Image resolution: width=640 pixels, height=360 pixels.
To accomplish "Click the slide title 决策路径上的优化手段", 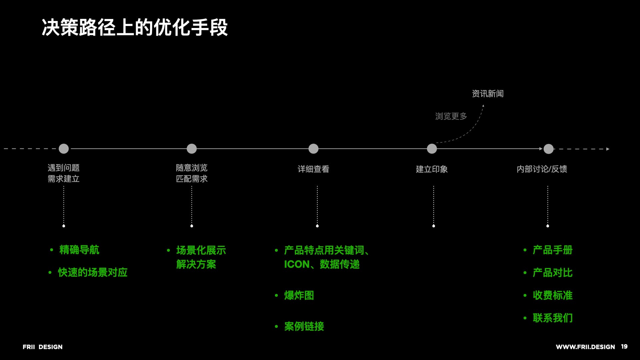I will (x=135, y=27).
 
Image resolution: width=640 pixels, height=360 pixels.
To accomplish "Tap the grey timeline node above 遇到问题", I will (x=64, y=149).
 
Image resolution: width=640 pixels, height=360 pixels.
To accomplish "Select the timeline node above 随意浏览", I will (x=192, y=149).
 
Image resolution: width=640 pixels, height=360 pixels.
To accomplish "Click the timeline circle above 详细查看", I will (x=313, y=149).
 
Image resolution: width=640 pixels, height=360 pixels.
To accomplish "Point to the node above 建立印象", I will (x=432, y=149).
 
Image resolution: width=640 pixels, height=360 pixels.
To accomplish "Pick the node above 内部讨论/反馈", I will (x=548, y=149).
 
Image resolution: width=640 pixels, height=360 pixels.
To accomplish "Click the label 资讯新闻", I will (x=488, y=94).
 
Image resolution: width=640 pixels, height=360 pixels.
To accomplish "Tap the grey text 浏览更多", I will (x=451, y=116).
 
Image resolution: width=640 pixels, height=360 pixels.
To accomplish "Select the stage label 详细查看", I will (x=313, y=169).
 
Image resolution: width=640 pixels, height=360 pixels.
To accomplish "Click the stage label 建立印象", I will (x=432, y=169).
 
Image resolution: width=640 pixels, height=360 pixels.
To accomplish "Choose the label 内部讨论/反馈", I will (x=542, y=169).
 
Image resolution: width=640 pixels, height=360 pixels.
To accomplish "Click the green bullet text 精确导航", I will (x=79, y=250).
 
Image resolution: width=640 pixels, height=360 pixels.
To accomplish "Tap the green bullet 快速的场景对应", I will (x=93, y=272).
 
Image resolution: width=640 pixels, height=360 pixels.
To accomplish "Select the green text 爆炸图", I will (x=299, y=295).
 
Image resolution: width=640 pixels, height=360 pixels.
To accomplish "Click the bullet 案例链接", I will (x=304, y=326).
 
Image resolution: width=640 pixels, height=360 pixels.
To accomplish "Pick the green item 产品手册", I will (x=552, y=250).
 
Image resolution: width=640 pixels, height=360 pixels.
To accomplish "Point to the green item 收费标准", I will (x=552, y=295).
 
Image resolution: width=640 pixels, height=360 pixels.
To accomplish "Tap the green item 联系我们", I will (x=552, y=318).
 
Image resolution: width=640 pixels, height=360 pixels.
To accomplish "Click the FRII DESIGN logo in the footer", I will (x=43, y=347).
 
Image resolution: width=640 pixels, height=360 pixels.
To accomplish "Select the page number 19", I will (x=624, y=347).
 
